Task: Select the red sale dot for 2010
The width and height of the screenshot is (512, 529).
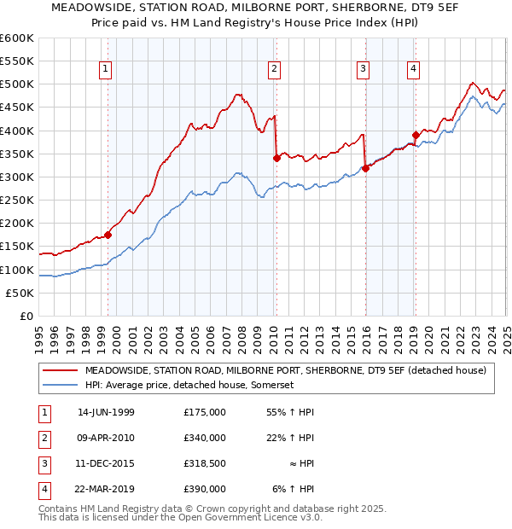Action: pos(276,158)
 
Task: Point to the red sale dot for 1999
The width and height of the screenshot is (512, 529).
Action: pos(108,235)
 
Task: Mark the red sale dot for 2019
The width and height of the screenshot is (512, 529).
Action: pos(416,135)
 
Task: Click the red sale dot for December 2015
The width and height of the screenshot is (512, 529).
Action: pos(365,168)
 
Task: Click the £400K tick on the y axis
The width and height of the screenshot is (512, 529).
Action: pos(19,131)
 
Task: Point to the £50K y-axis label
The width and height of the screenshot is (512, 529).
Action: pos(21,293)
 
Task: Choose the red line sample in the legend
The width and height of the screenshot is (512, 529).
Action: pos(61,370)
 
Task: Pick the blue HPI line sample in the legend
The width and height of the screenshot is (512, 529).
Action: pos(61,385)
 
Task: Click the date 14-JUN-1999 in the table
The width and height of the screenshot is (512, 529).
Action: pos(106,412)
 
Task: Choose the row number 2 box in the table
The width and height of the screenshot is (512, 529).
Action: pos(44,438)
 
